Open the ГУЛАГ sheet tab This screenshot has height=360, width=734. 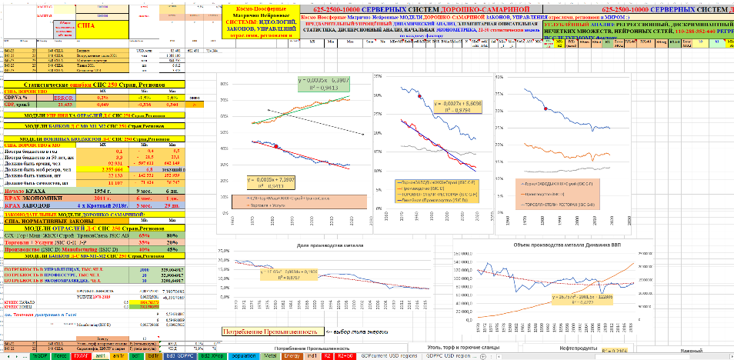[79, 356]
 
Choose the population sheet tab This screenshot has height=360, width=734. [244, 356]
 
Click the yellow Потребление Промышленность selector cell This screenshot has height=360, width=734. [269, 332]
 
